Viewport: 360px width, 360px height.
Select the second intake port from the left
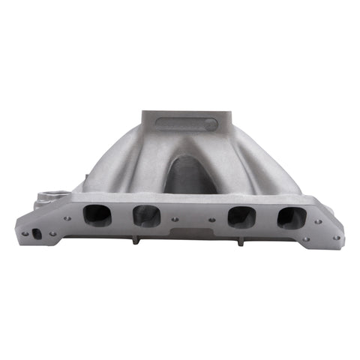click(x=145, y=216)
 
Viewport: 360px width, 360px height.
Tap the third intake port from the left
click(x=241, y=217)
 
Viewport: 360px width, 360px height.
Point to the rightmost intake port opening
click(x=291, y=217)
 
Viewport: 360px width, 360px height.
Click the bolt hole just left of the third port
click(x=215, y=220)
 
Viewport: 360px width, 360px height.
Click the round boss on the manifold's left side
click(x=47, y=196)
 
